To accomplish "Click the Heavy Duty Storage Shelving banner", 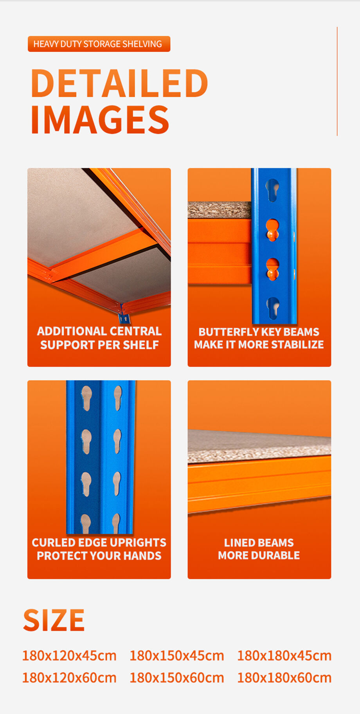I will pos(99,44).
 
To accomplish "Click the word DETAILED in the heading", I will pos(119,83).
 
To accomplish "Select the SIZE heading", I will pos(54,620).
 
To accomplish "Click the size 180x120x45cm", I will pos(69,656).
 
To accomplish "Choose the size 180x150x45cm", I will pos(177,656).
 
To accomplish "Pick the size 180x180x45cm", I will pos(284,656).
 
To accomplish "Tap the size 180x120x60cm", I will pos(69,678).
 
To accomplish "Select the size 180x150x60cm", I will pos(177,678).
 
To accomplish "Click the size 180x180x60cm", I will pos(284,678).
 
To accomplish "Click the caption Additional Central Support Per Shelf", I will pos(99,338).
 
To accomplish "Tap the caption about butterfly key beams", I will pos(259,338).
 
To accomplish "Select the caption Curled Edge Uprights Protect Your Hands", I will pos(99,549).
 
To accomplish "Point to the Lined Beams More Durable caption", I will pos(259,549).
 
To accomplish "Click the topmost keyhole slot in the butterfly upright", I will pos(272,189).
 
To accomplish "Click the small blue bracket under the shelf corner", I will pos(124,317).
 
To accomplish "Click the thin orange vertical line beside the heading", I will pos(337,81).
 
